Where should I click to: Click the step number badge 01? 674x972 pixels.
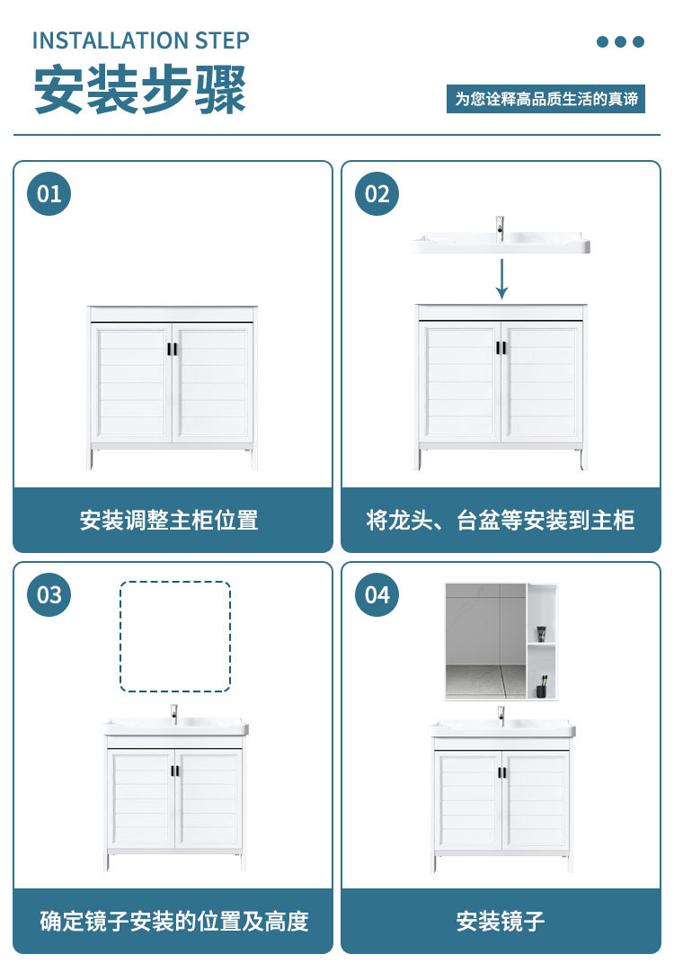(x=49, y=194)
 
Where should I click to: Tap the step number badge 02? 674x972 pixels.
(x=377, y=194)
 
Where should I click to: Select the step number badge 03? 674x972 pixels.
(x=49, y=595)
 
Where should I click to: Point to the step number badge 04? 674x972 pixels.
(x=377, y=595)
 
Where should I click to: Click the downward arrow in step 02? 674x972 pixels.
(x=501, y=279)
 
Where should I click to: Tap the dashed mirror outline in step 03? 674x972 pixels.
(x=120, y=637)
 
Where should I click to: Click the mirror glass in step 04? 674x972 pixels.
(x=485, y=642)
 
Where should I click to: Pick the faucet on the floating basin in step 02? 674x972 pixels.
(x=500, y=228)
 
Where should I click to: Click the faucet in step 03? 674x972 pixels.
(x=174, y=714)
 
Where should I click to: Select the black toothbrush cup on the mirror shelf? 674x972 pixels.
(x=542, y=689)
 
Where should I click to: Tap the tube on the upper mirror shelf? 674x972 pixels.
(x=541, y=634)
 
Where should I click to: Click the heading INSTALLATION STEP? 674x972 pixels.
(x=140, y=41)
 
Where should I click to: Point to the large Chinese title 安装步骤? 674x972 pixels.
(x=140, y=90)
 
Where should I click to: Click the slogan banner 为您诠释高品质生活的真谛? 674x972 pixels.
(x=545, y=99)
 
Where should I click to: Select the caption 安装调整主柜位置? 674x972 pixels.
(x=169, y=520)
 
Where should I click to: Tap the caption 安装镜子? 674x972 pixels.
(x=501, y=921)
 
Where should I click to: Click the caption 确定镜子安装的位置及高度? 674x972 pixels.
(x=174, y=921)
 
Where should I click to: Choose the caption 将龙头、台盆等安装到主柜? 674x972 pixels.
(x=501, y=520)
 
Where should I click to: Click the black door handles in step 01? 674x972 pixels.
(x=172, y=348)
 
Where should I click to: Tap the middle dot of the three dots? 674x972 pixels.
(x=621, y=41)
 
